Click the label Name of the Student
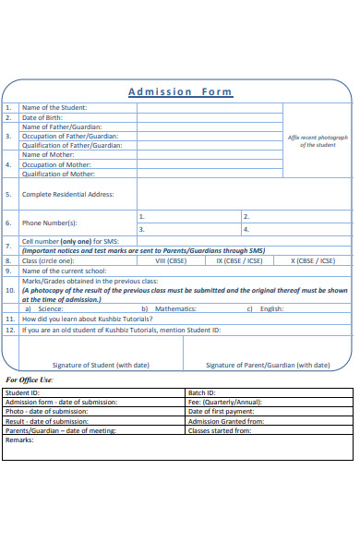tap(54, 108)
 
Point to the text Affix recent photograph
tap(318, 137)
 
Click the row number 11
tap(9, 319)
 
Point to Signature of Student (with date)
tap(101, 365)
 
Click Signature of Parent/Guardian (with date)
tap(267, 365)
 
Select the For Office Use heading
tap(30, 379)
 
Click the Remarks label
tap(19, 440)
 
